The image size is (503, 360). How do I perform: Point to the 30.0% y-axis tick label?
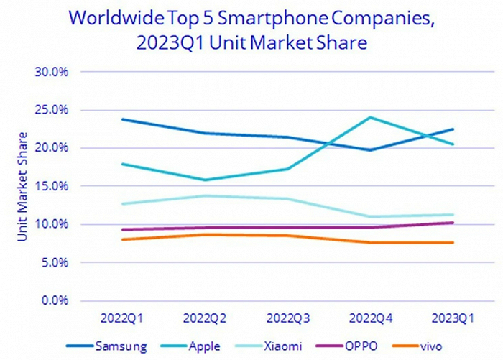[x=51, y=72]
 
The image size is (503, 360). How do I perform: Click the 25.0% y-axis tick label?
[x=51, y=110]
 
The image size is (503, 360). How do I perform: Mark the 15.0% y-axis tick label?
[x=51, y=186]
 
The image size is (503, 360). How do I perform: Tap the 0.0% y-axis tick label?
[x=54, y=300]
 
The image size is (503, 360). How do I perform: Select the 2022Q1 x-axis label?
[x=122, y=318]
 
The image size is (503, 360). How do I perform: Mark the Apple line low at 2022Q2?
[x=205, y=180]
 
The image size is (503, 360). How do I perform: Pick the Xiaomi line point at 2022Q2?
[x=205, y=195]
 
